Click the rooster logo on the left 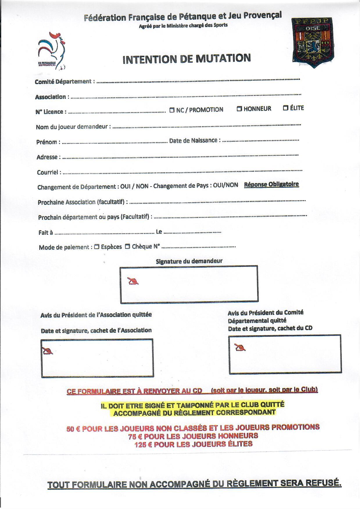(x=51, y=51)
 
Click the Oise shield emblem (x=313, y=42)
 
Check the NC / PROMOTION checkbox (x=172, y=110)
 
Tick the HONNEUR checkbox (x=239, y=109)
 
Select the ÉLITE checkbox (x=286, y=108)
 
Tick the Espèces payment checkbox (x=97, y=247)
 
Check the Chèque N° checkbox (x=128, y=247)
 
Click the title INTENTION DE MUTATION (x=187, y=59)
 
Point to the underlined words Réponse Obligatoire (x=271, y=184)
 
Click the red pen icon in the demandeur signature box (x=133, y=281)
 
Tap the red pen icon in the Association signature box (x=48, y=351)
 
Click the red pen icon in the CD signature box (x=240, y=347)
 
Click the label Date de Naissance (x=193, y=141)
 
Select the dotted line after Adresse (x=180, y=157)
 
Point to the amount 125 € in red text (x=143, y=444)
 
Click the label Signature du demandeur (x=189, y=261)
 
